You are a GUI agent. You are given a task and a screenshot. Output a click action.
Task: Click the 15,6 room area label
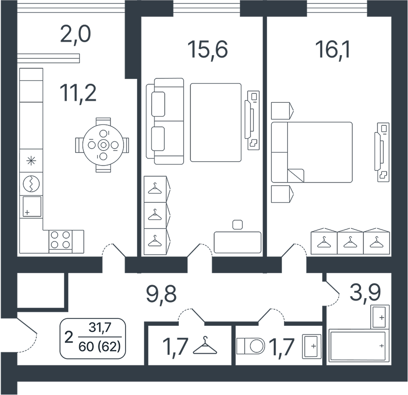[x=207, y=49]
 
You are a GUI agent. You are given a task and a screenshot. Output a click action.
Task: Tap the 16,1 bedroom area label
[x=332, y=49]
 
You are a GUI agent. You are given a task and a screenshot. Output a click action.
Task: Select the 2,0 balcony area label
[x=75, y=35]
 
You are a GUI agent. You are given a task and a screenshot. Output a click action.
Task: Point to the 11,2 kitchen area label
[x=78, y=93]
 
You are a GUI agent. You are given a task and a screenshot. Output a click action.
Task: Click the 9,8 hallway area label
[x=161, y=295]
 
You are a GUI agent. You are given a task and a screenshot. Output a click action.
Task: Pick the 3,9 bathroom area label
[x=365, y=292]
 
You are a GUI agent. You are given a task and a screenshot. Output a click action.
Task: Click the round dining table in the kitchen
[x=104, y=145]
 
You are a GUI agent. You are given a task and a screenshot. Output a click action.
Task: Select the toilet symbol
[x=251, y=346]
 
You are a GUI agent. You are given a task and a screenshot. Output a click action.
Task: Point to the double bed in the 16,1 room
[x=312, y=152]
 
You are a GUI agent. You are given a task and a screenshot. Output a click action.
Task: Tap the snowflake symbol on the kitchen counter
[x=31, y=161]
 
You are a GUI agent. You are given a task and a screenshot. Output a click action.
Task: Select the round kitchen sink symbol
[x=31, y=184]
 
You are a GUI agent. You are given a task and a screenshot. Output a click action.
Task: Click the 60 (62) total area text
[x=100, y=347]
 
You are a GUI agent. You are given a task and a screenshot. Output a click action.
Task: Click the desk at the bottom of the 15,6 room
[x=237, y=242]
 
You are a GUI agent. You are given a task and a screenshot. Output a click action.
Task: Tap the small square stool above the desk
[x=237, y=225]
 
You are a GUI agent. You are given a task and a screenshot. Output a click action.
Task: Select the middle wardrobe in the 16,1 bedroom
[x=350, y=241]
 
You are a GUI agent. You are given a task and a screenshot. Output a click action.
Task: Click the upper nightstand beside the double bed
[x=282, y=111]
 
